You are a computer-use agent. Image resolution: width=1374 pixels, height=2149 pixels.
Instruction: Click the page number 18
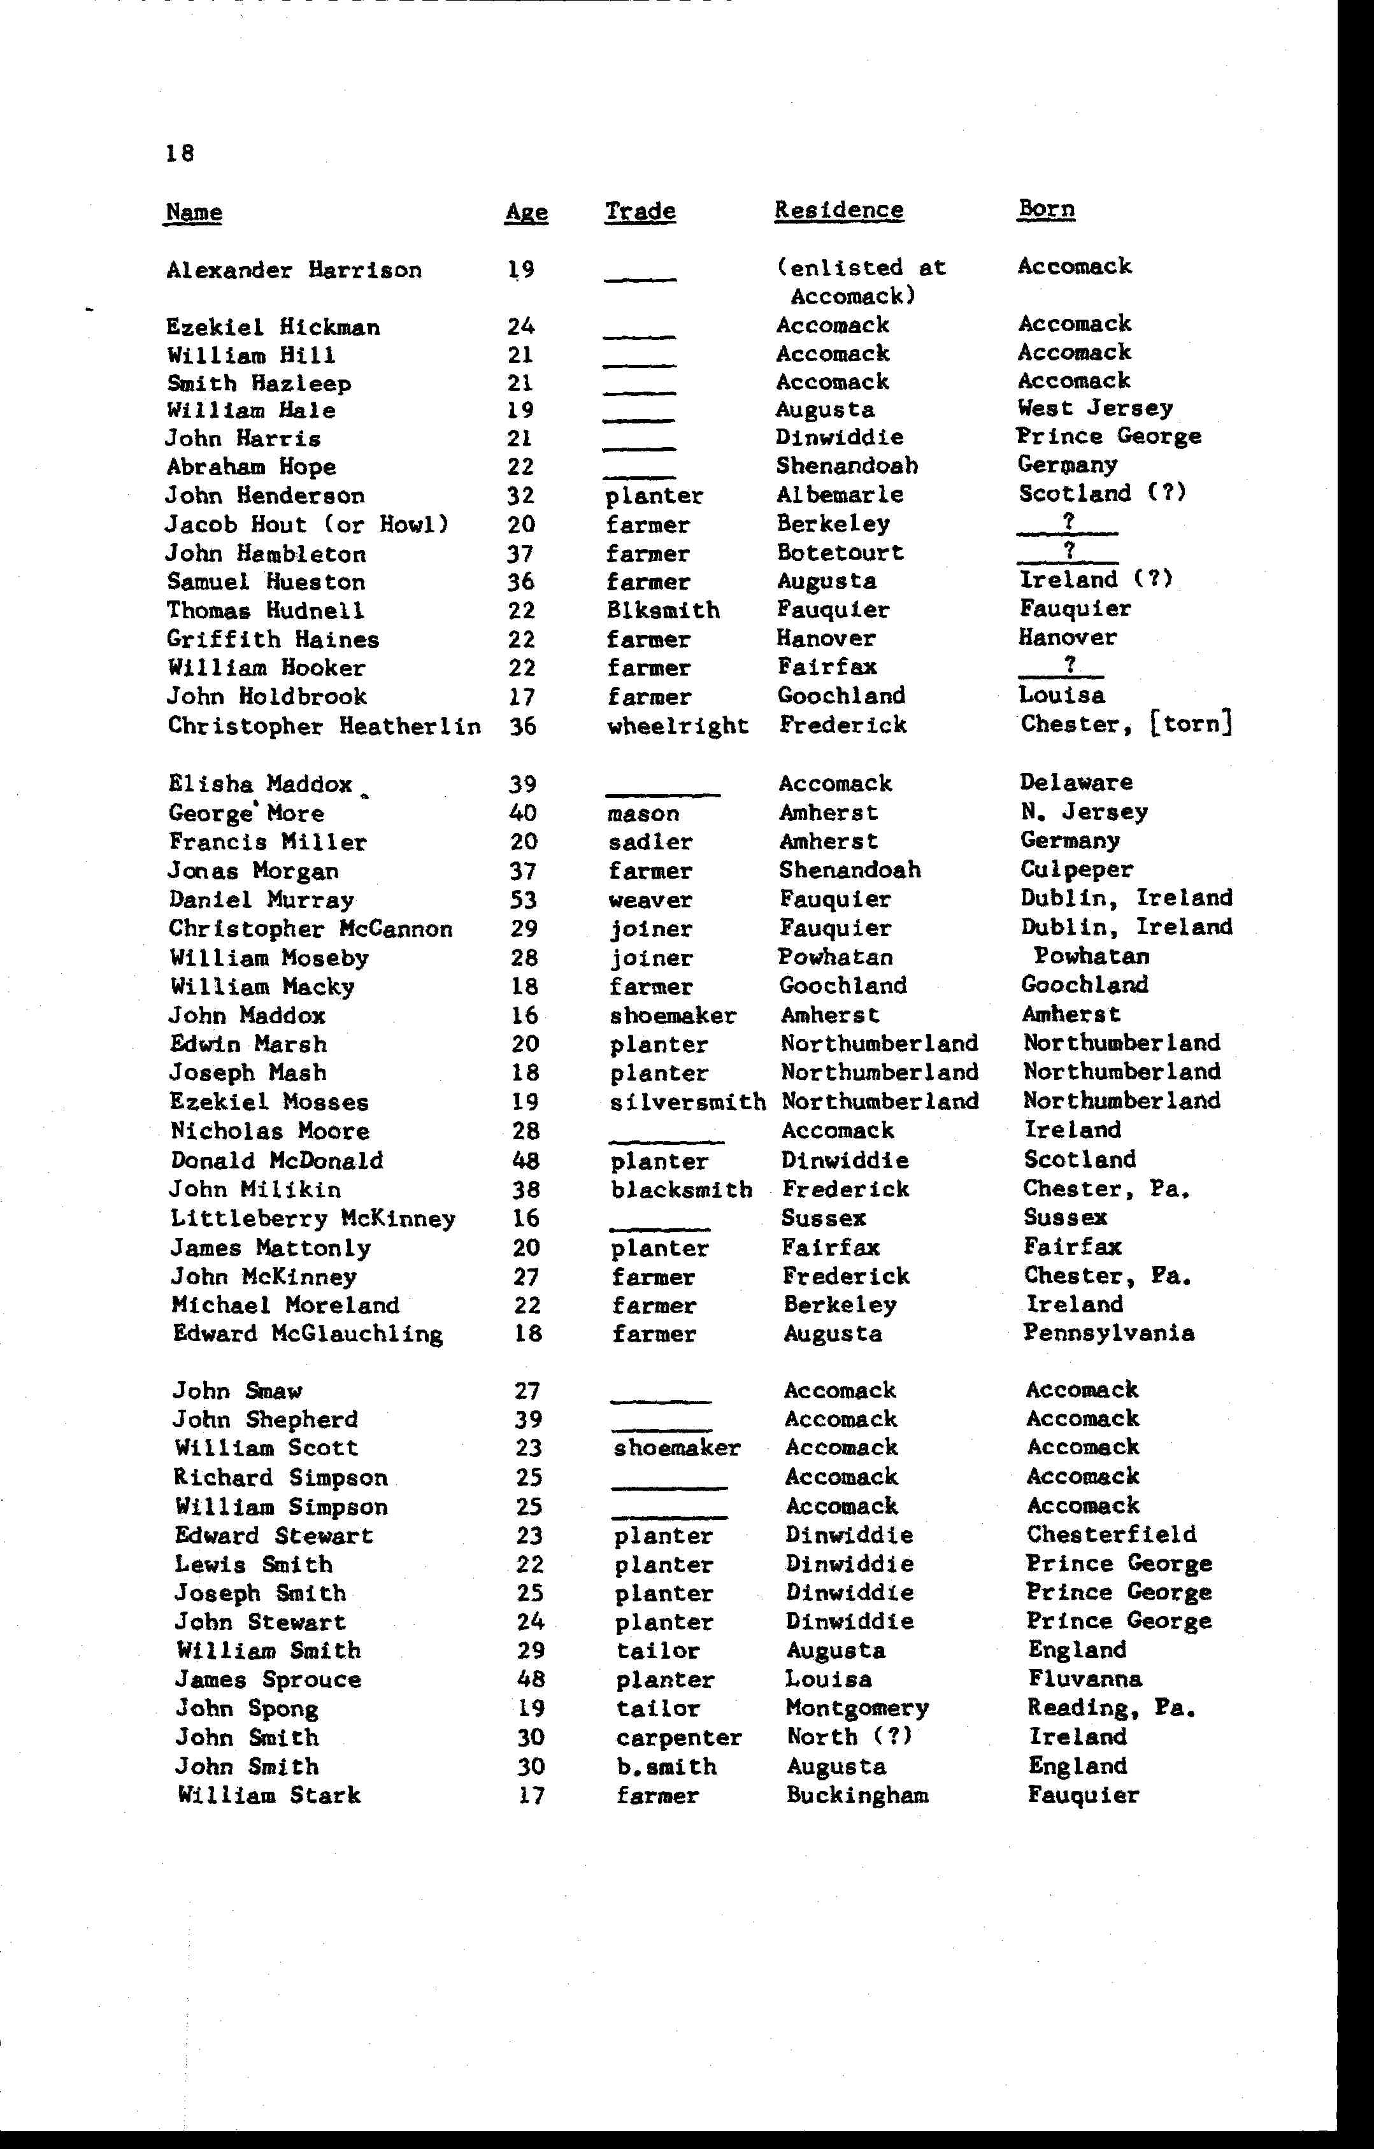(x=180, y=153)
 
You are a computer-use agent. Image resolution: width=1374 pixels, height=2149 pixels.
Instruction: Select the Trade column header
(x=640, y=211)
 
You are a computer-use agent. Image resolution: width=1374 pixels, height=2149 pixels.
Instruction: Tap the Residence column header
(x=839, y=211)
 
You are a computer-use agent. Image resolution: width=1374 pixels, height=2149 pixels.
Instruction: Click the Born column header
(x=1047, y=209)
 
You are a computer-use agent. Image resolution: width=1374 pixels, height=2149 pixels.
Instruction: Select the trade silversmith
(x=687, y=1102)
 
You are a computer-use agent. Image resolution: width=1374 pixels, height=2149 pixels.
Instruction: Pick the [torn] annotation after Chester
(x=1191, y=723)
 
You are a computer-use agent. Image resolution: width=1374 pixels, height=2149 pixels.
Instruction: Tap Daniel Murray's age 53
(x=524, y=900)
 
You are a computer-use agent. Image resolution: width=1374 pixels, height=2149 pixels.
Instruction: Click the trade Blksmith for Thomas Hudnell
(x=662, y=611)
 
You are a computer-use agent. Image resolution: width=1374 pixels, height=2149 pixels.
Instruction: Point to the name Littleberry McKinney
(x=313, y=1219)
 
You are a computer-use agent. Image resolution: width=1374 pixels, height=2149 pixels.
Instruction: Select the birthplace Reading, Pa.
(x=1112, y=1708)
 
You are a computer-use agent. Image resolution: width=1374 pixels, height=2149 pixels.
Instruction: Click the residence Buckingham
(x=857, y=1796)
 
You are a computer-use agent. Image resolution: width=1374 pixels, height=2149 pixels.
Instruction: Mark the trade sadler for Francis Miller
(x=650, y=842)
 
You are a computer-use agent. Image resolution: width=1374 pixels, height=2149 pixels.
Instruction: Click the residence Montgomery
(x=857, y=1709)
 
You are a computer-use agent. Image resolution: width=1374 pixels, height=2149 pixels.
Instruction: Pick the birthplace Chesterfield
(x=1112, y=1535)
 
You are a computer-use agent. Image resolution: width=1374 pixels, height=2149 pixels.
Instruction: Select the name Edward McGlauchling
(x=308, y=1334)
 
